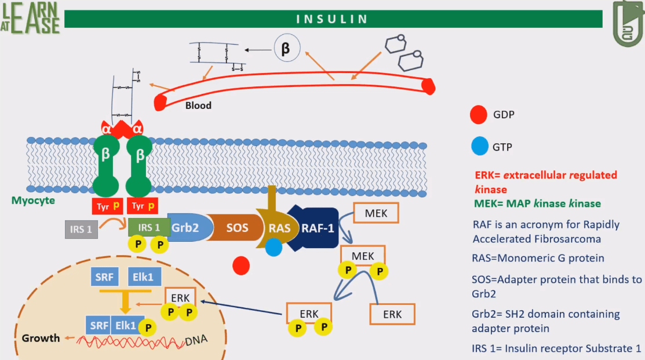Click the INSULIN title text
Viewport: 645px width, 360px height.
pos(333,19)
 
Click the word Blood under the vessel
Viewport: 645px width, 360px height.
pos(198,106)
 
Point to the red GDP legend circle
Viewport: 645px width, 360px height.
pos(479,115)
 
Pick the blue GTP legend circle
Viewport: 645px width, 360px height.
pos(479,148)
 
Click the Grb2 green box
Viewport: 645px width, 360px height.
pos(185,228)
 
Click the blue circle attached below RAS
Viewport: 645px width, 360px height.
pos(274,248)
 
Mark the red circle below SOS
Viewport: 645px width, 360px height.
pos(241,266)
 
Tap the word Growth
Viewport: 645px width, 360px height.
pos(41,337)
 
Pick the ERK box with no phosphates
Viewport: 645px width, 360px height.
pos(392,314)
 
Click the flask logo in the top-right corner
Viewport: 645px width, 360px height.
pos(628,24)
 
